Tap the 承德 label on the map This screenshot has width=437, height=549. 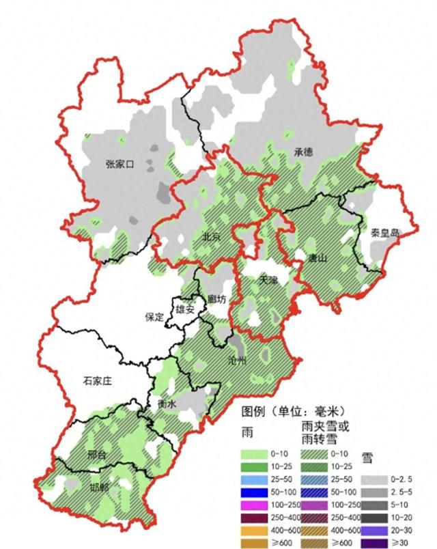coord(304,152)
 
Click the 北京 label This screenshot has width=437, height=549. coord(211,237)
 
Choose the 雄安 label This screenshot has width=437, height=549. coord(185,309)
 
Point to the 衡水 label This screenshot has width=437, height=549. coord(167,404)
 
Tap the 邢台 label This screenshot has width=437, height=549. coord(97,455)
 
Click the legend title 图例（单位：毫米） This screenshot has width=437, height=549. coord(290,412)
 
